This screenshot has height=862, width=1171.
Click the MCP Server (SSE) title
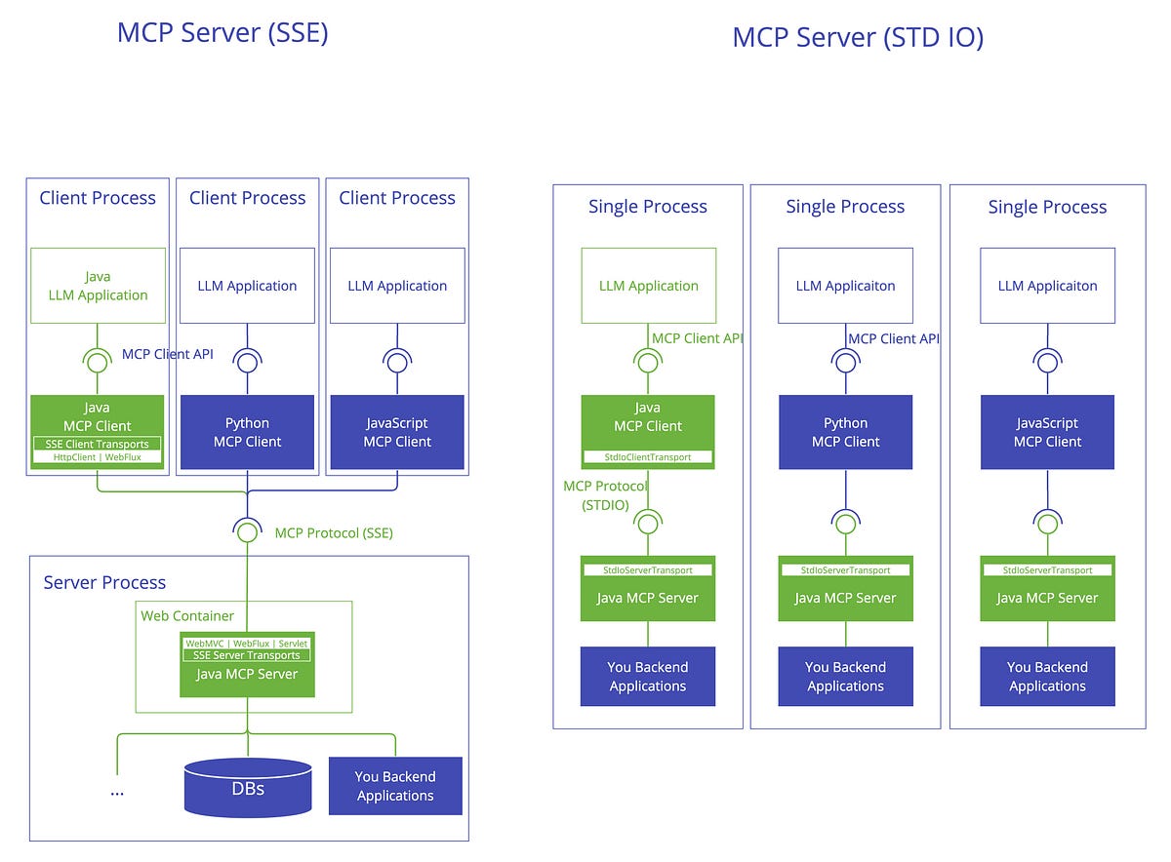tap(222, 32)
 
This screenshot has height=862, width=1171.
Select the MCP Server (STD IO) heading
tap(857, 38)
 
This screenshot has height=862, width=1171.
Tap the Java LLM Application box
tap(98, 286)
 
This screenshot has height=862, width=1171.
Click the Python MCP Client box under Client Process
tap(247, 432)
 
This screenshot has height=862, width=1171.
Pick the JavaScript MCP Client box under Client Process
tap(397, 432)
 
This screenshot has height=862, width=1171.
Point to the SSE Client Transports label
tap(97, 444)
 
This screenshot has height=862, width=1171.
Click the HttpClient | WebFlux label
tap(97, 456)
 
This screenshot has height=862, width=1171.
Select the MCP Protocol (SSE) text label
tap(334, 532)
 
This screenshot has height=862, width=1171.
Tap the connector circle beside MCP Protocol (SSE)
tap(247, 532)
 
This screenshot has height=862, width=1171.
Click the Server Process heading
tap(104, 582)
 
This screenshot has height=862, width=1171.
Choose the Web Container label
tap(187, 615)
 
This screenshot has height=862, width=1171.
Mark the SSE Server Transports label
tap(247, 655)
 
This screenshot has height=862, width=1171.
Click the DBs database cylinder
tap(248, 787)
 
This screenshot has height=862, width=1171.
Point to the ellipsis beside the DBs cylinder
tap(117, 791)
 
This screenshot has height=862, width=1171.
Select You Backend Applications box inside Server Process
tap(395, 786)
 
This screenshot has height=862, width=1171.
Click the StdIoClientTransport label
tap(648, 456)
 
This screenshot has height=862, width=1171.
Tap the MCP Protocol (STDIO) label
tap(605, 495)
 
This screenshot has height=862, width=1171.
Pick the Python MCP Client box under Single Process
tap(845, 432)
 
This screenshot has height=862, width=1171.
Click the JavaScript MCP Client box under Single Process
tap(1047, 432)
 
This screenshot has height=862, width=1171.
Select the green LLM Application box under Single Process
tap(648, 286)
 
